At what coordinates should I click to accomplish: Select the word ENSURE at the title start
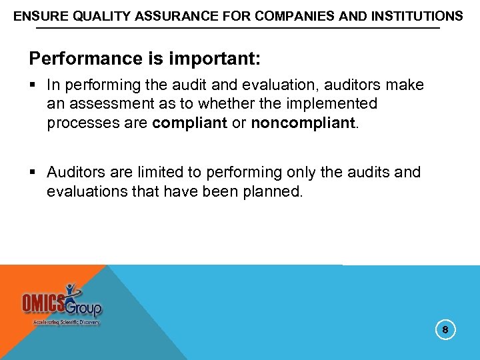[37, 15]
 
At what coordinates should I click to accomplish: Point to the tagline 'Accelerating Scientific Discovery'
[66, 322]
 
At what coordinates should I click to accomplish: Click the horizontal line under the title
[237, 29]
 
